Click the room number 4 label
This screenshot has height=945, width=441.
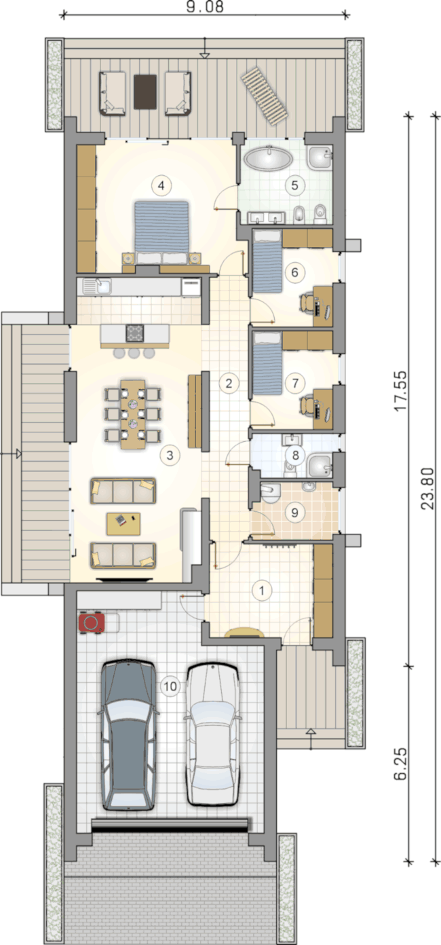(x=161, y=185)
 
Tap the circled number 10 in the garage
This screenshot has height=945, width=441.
(x=170, y=686)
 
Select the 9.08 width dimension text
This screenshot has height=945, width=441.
(x=205, y=6)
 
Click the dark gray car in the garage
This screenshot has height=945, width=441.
(x=128, y=734)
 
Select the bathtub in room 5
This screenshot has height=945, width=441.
(x=268, y=158)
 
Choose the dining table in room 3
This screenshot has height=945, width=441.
(x=133, y=414)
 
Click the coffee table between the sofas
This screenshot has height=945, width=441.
(x=123, y=524)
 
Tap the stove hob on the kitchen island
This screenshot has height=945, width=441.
(x=135, y=333)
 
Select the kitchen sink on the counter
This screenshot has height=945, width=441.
(x=97, y=286)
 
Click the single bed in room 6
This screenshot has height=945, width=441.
(x=267, y=261)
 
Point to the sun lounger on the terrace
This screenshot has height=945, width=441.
(x=263, y=96)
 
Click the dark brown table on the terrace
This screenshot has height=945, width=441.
(x=145, y=92)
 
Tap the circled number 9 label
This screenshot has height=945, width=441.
(x=294, y=513)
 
